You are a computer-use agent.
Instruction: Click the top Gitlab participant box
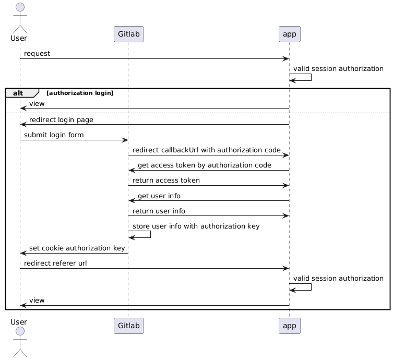coord(128,34)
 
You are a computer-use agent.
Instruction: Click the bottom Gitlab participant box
coord(128,326)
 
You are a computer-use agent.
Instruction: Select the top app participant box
coord(289,34)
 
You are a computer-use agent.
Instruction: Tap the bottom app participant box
coord(289,326)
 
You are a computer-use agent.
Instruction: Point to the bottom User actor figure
coord(19,342)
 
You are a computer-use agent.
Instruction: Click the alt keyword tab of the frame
coord(20,93)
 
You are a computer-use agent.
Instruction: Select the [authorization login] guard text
coord(80,93)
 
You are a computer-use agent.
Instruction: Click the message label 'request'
coord(37,54)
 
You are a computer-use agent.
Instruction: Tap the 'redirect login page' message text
coord(61,120)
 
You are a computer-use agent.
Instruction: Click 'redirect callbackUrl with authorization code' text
coord(206,150)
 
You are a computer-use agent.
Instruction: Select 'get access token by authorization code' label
coord(204,165)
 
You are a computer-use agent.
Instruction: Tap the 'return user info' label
coord(159,211)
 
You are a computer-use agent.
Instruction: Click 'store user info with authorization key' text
coord(196,226)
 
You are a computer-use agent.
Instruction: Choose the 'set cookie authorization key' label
coord(77,248)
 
